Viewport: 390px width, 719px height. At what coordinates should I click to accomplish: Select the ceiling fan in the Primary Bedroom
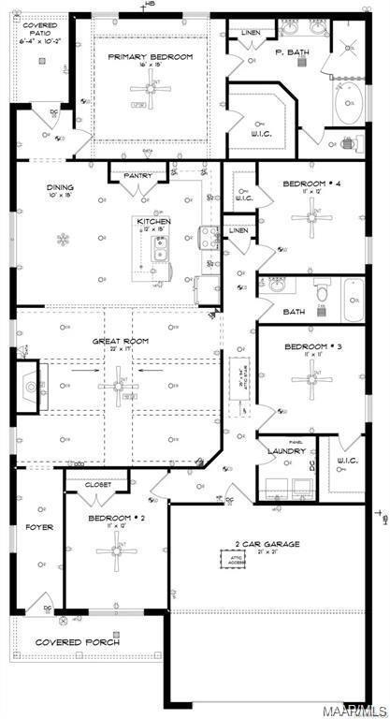tap(149, 88)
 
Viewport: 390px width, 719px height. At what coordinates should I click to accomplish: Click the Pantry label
tap(137, 175)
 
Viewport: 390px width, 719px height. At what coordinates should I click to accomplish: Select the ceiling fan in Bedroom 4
tap(310, 220)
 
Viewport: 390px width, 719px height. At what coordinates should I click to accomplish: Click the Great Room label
tap(117, 341)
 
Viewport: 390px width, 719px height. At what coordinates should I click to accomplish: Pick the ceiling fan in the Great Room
tap(119, 383)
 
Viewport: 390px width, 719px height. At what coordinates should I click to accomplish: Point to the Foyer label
tap(39, 527)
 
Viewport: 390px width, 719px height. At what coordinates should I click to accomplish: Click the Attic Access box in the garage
tap(231, 560)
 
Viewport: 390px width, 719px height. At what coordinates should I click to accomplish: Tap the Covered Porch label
tap(74, 642)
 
